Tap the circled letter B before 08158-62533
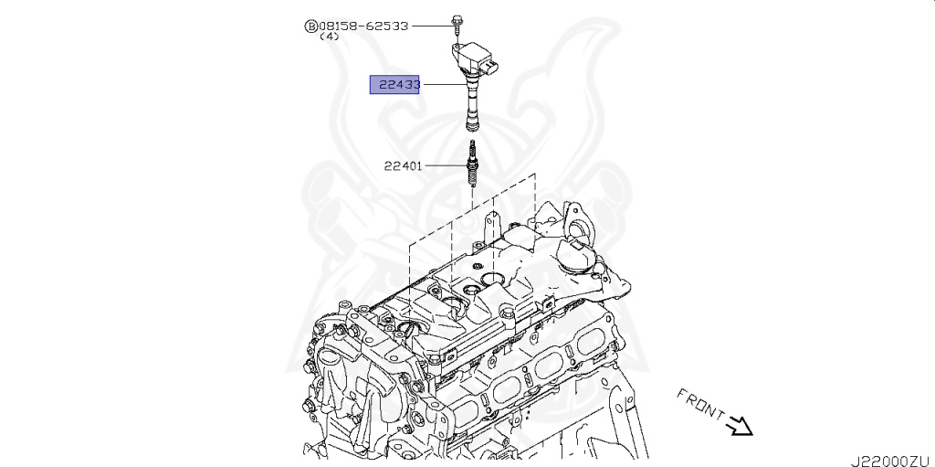(x=310, y=27)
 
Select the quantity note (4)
(x=330, y=37)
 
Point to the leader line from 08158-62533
(x=429, y=27)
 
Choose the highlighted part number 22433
(x=394, y=85)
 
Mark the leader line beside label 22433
(x=444, y=85)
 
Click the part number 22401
(x=403, y=165)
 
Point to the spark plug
(x=471, y=165)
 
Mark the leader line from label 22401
(x=445, y=165)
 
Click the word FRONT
(x=699, y=405)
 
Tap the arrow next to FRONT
(x=739, y=425)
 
